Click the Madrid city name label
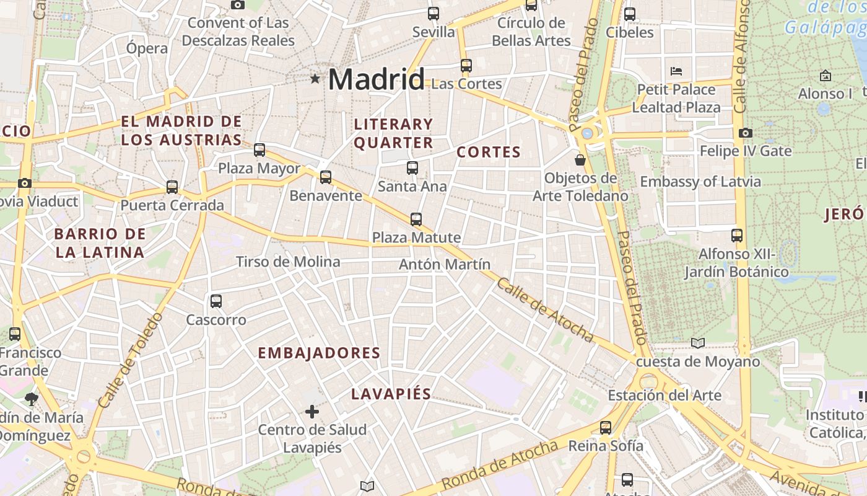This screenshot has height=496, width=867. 376,79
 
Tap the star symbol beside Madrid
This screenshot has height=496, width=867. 315,79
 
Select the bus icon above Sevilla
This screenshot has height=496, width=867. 434,13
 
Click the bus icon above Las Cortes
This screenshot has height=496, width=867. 466,65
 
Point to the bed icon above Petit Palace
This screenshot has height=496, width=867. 676,71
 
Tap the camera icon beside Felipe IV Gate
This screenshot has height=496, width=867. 746,133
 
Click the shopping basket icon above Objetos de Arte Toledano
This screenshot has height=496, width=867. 580,160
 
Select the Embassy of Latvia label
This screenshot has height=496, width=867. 700,182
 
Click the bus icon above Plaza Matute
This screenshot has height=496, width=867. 416,219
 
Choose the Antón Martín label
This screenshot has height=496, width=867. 445,264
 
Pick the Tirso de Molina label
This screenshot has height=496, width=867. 288,262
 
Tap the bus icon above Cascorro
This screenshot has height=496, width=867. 216,301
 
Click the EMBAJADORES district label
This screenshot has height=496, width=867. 319,353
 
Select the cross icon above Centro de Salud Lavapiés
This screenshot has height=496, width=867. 312,411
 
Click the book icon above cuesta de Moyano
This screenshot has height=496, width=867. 698,343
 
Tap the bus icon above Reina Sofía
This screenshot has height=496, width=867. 606,427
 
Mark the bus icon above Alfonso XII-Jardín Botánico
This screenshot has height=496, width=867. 736,236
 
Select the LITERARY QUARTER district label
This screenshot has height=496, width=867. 393,133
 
